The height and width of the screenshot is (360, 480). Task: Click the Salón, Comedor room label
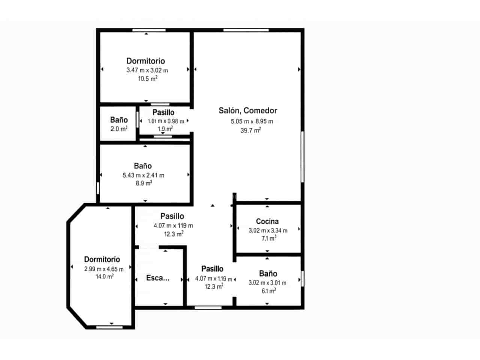click(248, 111)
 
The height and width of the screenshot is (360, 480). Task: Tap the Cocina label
click(267, 221)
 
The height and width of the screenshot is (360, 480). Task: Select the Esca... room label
click(157, 278)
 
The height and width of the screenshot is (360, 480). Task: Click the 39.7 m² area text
click(250, 130)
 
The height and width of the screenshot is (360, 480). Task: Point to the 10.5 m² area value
click(147, 79)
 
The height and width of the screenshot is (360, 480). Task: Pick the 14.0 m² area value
click(105, 277)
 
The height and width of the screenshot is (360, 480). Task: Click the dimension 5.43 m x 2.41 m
click(143, 175)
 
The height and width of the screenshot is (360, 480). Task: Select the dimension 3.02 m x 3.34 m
click(268, 231)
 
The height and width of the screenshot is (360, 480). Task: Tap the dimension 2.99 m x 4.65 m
click(104, 269)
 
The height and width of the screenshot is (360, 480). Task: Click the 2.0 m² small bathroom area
click(119, 129)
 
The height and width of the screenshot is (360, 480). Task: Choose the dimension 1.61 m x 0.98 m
click(166, 121)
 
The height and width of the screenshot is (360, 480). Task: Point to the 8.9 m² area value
click(144, 183)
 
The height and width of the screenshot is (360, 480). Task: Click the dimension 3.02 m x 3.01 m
click(267, 283)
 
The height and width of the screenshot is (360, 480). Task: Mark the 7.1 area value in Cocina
click(269, 238)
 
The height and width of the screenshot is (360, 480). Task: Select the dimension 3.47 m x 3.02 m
click(147, 70)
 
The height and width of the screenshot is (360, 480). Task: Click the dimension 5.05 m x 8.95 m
click(252, 121)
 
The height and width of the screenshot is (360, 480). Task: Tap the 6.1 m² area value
click(268, 291)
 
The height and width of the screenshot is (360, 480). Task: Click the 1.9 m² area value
click(165, 129)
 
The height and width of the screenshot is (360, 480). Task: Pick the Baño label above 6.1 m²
click(268, 274)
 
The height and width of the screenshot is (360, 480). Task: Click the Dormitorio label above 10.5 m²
click(145, 61)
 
